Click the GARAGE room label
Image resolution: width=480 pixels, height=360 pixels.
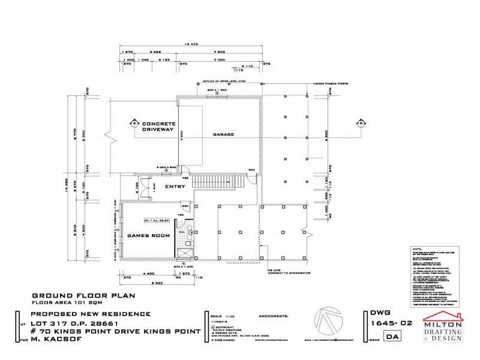tap(222, 134)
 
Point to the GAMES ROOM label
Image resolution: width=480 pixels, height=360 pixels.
tap(146, 236)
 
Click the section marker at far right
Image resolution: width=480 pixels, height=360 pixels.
tap(361, 124)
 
